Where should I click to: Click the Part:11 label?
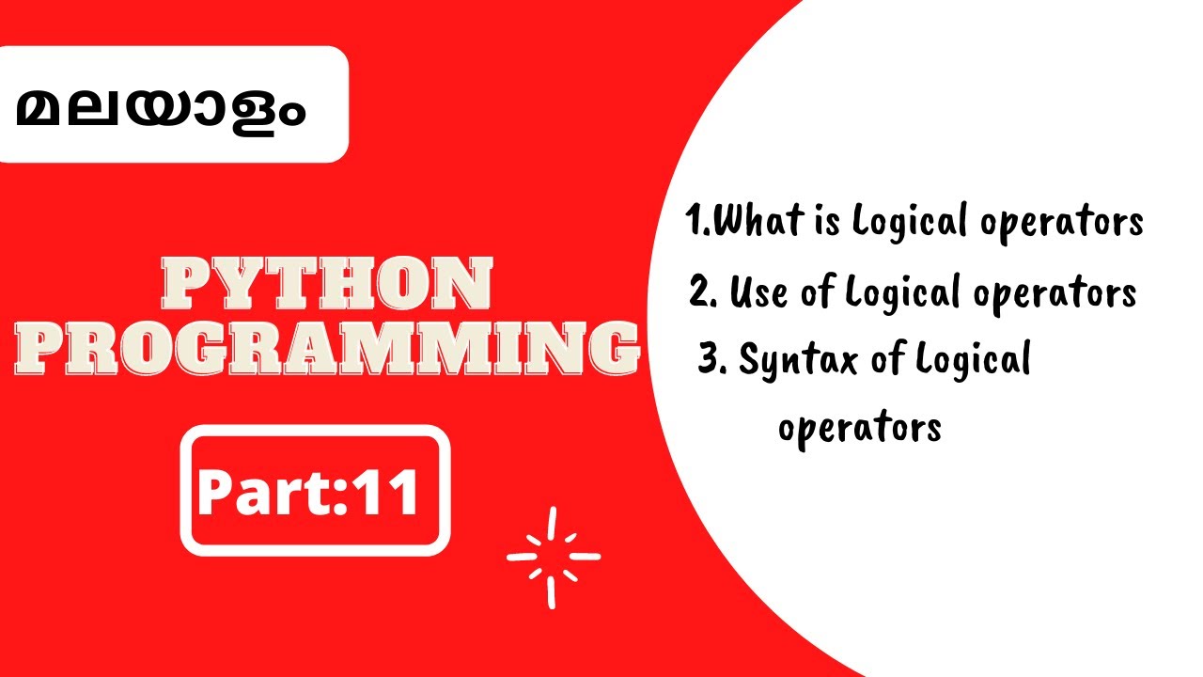click(x=308, y=490)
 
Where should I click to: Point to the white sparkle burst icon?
click(x=553, y=557)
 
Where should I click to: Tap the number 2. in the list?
click(x=704, y=292)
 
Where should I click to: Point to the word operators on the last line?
click(x=860, y=429)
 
